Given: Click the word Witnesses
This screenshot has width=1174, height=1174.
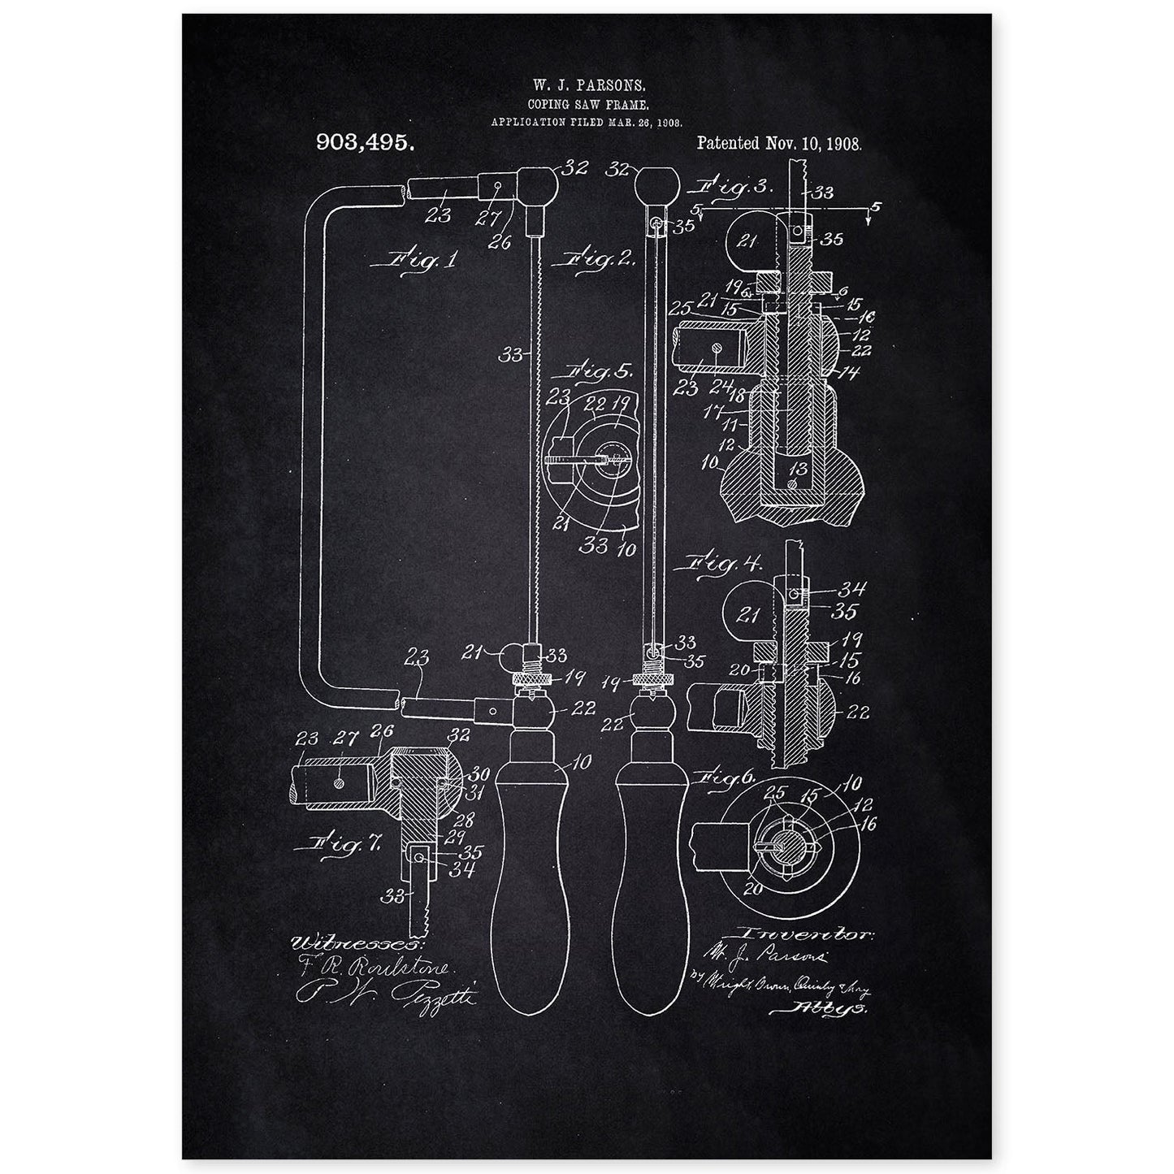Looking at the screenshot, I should [x=352, y=943].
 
